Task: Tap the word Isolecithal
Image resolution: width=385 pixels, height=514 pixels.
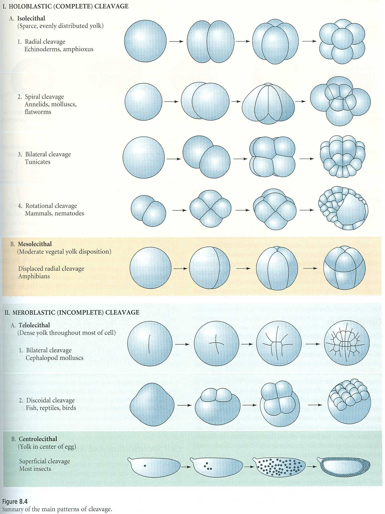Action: pos(31,18)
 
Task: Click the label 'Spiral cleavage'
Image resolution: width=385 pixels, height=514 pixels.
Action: pos(44,97)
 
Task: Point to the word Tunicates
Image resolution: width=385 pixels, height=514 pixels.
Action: pos(38,162)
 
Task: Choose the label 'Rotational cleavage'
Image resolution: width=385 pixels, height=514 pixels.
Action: pos(51,206)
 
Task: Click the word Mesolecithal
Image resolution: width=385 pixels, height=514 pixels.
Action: pos(35,244)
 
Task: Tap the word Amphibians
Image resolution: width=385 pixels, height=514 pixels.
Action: pos(34,276)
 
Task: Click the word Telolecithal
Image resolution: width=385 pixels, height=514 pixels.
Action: pos(34,325)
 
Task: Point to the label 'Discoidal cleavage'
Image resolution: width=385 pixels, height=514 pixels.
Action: pos(50,400)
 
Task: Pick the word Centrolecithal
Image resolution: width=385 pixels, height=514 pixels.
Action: pos(38,439)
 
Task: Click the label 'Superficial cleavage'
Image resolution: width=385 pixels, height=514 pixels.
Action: pos(45,461)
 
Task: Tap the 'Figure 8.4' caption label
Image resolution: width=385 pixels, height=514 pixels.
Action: pos(15,501)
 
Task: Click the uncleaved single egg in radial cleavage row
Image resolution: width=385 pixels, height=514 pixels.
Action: pos(145,41)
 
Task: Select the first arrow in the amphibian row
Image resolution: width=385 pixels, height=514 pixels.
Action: pos(180,269)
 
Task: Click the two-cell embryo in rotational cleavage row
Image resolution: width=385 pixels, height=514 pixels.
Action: pos(148,211)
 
